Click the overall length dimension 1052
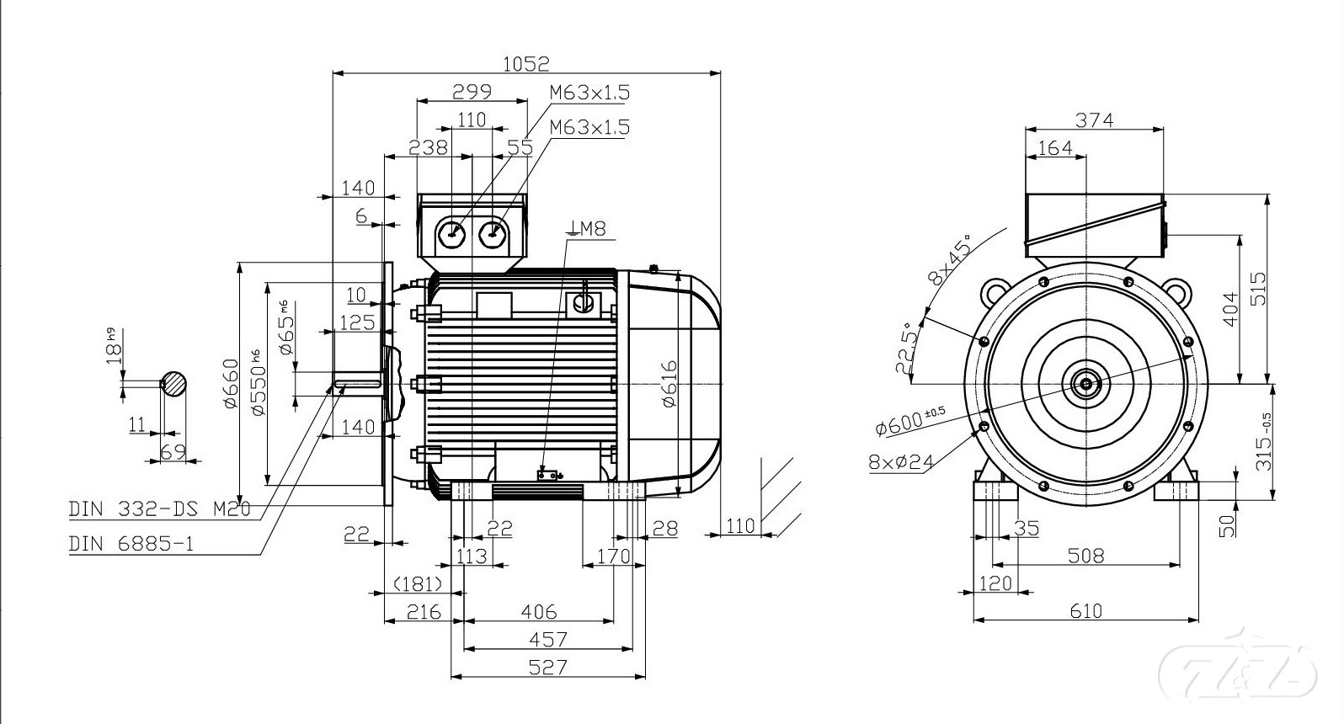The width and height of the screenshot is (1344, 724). (x=525, y=63)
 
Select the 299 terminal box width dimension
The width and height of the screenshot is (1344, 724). (x=472, y=91)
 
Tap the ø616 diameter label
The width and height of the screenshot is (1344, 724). (x=669, y=383)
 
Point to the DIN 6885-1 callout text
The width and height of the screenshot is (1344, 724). (x=131, y=544)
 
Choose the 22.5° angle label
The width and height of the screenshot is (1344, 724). (x=907, y=348)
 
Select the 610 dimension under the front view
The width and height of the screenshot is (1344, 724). (x=1085, y=611)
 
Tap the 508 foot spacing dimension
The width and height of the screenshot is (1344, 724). (x=1085, y=556)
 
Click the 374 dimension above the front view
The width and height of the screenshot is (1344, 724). (x=1095, y=120)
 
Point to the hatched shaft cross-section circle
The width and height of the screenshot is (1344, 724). (x=175, y=384)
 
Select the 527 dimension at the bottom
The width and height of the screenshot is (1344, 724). (x=548, y=668)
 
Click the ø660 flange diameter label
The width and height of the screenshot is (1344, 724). (x=231, y=384)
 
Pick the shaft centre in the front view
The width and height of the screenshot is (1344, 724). (x=1085, y=385)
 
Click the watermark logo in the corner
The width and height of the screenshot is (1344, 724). (x=1238, y=672)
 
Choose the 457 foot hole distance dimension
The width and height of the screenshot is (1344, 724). (x=548, y=640)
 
